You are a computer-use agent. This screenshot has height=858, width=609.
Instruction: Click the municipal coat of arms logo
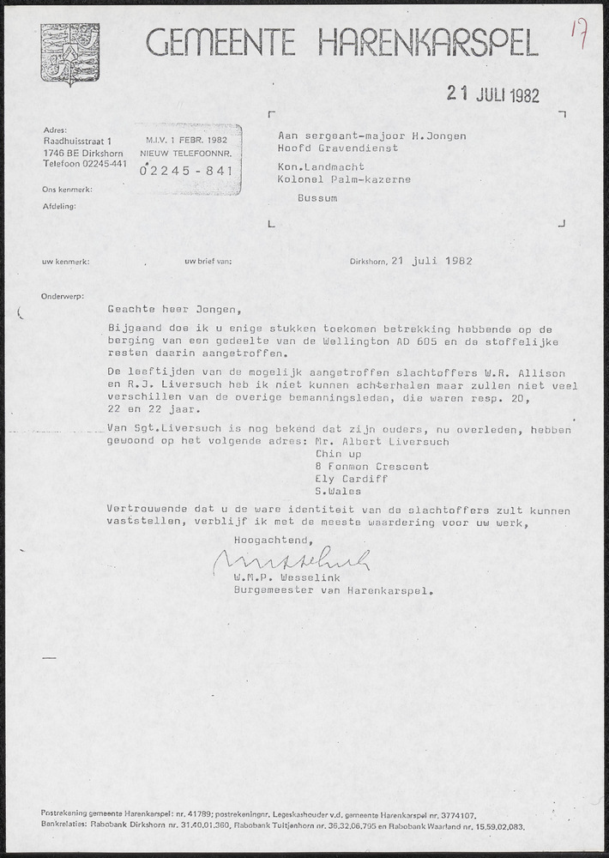(x=69, y=54)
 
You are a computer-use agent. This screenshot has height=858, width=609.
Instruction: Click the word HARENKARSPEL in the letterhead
(x=429, y=43)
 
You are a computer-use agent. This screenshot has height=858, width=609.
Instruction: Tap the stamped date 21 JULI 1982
(x=493, y=95)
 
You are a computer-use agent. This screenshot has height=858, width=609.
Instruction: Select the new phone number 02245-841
(x=186, y=170)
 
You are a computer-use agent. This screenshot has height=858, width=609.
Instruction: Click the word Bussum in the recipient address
(x=317, y=196)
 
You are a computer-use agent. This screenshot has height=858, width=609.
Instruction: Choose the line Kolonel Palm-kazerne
(x=344, y=179)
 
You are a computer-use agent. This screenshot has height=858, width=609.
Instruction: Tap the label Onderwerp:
(x=63, y=296)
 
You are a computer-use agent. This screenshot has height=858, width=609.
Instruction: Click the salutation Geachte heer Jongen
(x=176, y=310)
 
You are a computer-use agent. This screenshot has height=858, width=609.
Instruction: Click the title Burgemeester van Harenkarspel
(x=334, y=590)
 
